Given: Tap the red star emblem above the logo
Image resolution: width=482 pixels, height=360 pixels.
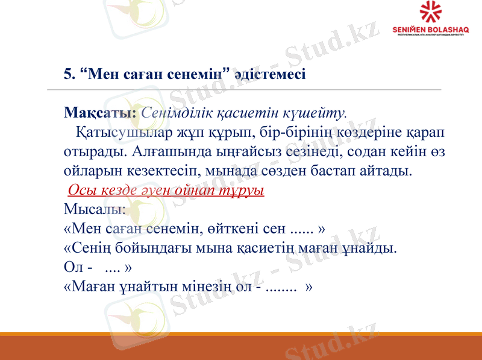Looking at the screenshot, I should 430,12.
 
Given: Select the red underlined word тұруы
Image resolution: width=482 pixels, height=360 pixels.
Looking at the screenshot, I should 247,190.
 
